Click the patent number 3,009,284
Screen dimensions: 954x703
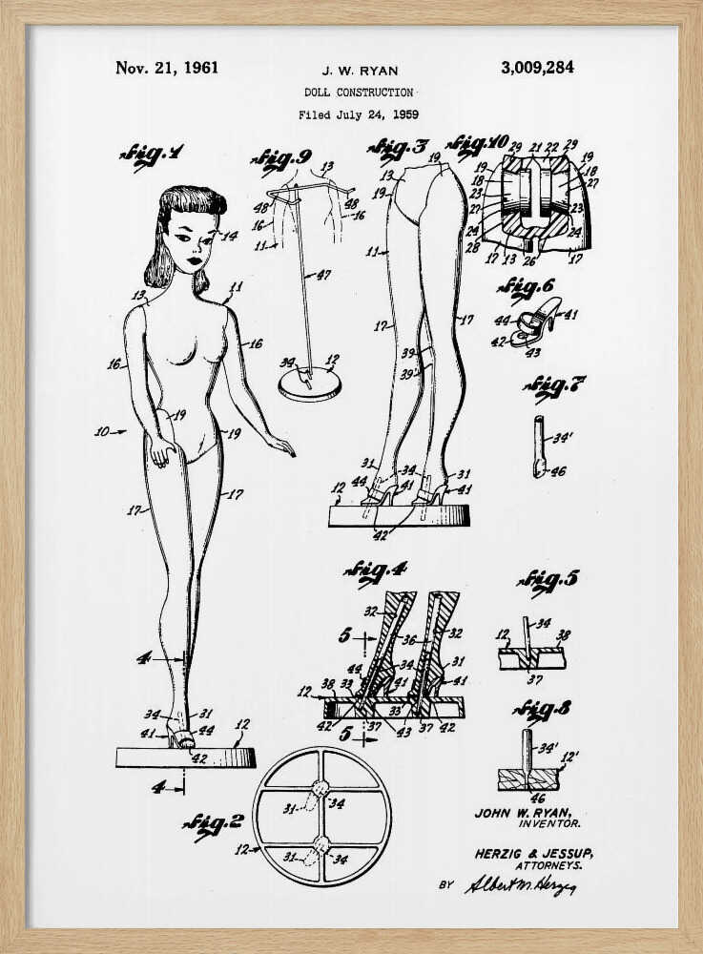537,68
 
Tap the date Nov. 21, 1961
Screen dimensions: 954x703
167,68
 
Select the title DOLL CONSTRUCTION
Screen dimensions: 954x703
359,93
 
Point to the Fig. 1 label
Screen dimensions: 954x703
152,155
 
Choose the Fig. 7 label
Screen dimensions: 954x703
554,387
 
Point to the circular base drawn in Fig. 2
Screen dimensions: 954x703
321,817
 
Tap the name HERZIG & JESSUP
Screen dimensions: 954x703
527,854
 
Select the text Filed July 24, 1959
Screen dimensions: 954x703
358,114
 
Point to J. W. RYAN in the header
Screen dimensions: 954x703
359,70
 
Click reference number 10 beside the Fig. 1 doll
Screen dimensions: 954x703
104,431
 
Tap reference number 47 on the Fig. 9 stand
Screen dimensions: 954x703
325,274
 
